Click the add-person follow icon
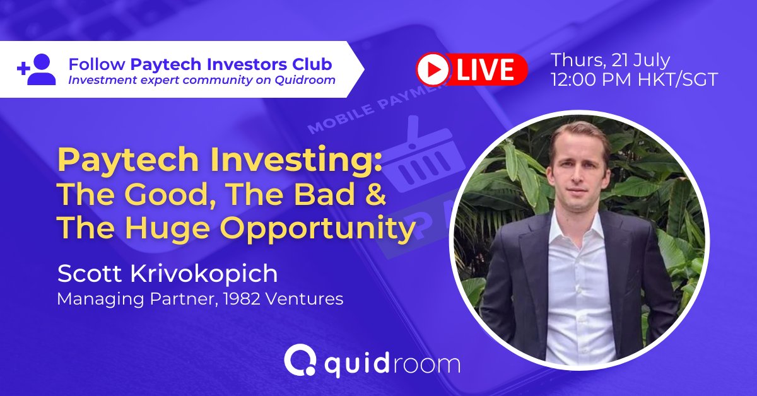(37, 69)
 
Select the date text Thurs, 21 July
(610, 61)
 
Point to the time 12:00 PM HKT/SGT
(634, 81)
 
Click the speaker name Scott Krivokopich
(167, 274)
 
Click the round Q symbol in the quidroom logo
(296, 361)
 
